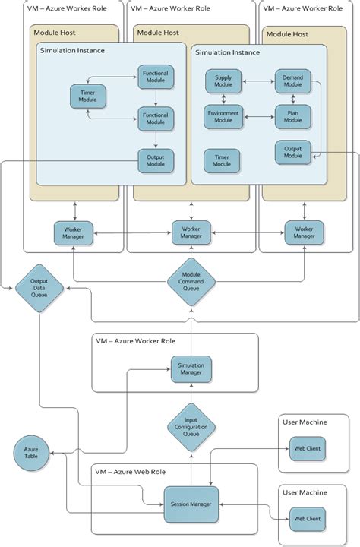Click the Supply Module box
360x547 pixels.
pos(223,80)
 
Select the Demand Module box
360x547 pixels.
pos(292,80)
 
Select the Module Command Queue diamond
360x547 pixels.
pos(191,282)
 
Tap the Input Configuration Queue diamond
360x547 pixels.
pos(191,427)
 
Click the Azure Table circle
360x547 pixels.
pos(30,454)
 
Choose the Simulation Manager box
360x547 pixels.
pos(191,368)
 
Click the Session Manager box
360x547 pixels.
pos(191,504)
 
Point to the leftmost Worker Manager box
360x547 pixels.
pos(74,232)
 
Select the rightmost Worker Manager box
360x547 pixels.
pos(304,232)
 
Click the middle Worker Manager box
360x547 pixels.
pos(191,232)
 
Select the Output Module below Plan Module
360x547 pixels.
pos(292,152)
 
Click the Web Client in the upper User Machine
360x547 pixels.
pos(307,449)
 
